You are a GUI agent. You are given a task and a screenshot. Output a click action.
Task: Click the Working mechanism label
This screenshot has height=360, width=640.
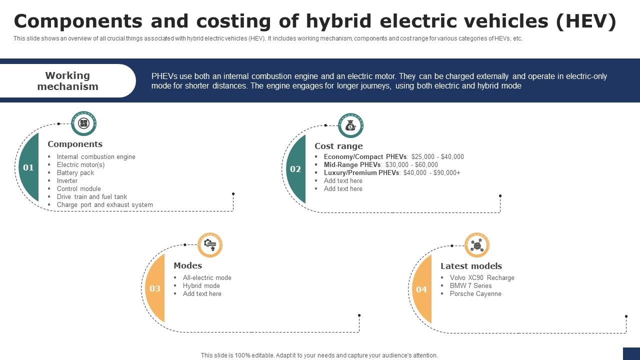click(67, 81)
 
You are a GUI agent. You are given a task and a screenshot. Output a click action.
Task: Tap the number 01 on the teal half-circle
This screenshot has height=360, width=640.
click(28, 167)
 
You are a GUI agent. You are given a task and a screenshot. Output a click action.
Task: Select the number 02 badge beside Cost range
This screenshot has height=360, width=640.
click(295, 169)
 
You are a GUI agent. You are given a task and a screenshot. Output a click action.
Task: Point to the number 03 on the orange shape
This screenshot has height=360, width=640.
click(155, 288)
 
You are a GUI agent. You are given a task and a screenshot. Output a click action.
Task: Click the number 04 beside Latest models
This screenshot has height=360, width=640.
click(421, 289)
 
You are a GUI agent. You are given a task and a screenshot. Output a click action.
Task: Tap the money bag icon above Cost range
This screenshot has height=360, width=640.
click(350, 125)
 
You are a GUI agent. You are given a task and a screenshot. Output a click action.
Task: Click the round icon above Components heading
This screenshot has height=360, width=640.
click(83, 123)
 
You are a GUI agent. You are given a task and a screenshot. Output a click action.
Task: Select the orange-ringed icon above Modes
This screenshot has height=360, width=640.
click(210, 245)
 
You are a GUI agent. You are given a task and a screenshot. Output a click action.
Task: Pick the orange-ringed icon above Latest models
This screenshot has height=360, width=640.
click(477, 245)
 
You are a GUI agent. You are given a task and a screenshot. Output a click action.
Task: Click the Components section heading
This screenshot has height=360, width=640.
click(75, 144)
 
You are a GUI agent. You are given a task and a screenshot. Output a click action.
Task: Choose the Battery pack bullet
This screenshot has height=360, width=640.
click(75, 172)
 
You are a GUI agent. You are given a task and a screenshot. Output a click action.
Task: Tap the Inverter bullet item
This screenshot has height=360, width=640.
click(67, 180)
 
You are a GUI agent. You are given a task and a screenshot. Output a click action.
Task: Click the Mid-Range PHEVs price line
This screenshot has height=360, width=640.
click(380, 164)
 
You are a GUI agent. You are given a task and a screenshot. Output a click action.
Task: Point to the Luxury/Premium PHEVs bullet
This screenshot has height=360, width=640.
click(392, 172)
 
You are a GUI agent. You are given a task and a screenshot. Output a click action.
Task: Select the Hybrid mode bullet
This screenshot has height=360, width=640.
click(201, 285)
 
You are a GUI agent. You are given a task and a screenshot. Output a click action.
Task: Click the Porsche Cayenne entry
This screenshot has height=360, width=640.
click(475, 293)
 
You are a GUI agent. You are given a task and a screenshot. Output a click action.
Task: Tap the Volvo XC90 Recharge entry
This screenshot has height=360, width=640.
click(482, 277)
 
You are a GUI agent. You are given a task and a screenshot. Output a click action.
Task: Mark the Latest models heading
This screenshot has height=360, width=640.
click(471, 266)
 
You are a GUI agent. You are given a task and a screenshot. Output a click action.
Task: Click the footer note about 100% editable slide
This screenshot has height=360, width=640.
click(319, 355)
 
